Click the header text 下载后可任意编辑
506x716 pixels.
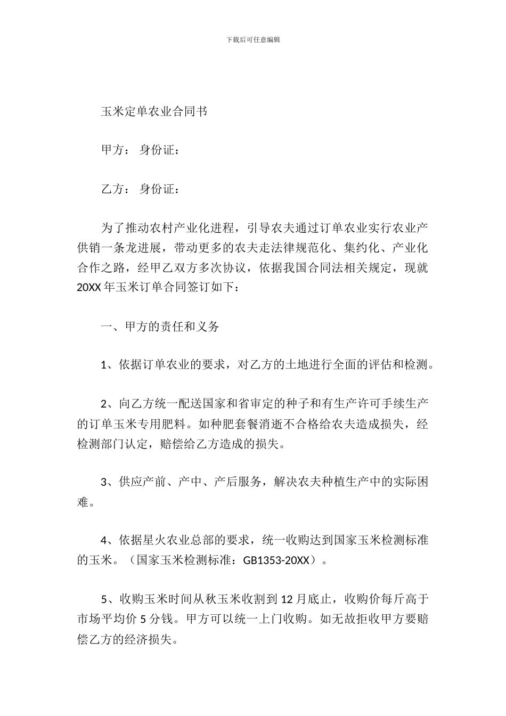click(253, 39)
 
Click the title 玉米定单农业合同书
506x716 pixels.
click(154, 111)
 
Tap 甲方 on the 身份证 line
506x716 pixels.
click(112, 150)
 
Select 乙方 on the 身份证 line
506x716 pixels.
click(112, 189)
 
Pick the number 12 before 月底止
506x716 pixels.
click(287, 599)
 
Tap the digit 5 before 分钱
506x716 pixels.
click(143, 619)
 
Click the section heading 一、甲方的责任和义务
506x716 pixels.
click(160, 327)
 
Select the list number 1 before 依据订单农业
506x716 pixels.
click(104, 365)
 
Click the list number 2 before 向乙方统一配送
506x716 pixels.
click(104, 404)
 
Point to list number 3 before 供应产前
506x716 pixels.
click(104, 483)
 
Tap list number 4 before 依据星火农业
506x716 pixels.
click(104, 541)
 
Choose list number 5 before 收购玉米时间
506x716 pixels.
click(104, 599)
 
